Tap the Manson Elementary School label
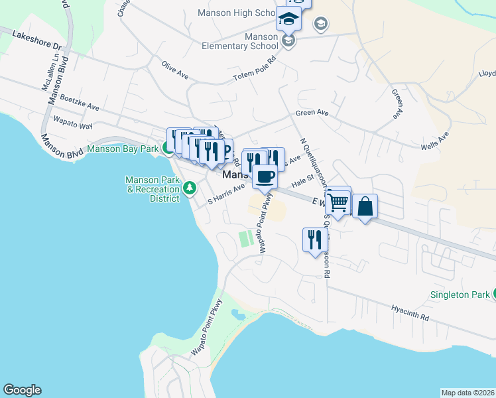tap(243, 41)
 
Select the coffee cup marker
tap(265, 176)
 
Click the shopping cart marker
tap(338, 201)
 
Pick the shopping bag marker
tap(365, 207)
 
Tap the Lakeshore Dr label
tap(36, 40)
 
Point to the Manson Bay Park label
tap(123, 149)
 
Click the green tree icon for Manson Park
tap(190, 189)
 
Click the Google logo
tap(22, 390)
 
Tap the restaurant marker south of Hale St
tap(314, 240)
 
